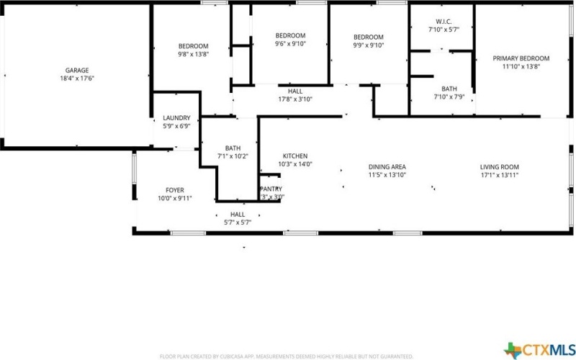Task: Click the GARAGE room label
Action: click(76, 71)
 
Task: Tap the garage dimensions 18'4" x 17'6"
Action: click(76, 78)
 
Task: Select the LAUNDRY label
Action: click(176, 118)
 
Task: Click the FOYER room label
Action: click(175, 190)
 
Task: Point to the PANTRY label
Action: click(271, 189)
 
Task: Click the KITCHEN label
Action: click(295, 156)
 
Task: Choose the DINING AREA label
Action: click(387, 166)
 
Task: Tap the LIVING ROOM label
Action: click(500, 166)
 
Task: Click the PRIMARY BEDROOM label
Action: click(521, 58)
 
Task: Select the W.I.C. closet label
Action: click(443, 22)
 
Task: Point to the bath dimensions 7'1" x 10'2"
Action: click(233, 156)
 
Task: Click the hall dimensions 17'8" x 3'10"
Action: click(295, 99)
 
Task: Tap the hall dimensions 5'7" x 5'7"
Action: click(237, 222)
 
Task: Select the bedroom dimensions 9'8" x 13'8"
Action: click(193, 54)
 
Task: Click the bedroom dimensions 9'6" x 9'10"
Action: click(290, 44)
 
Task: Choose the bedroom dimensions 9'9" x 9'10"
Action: click(368, 45)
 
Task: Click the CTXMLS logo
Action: click(539, 350)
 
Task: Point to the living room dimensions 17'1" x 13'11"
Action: click(500, 175)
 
